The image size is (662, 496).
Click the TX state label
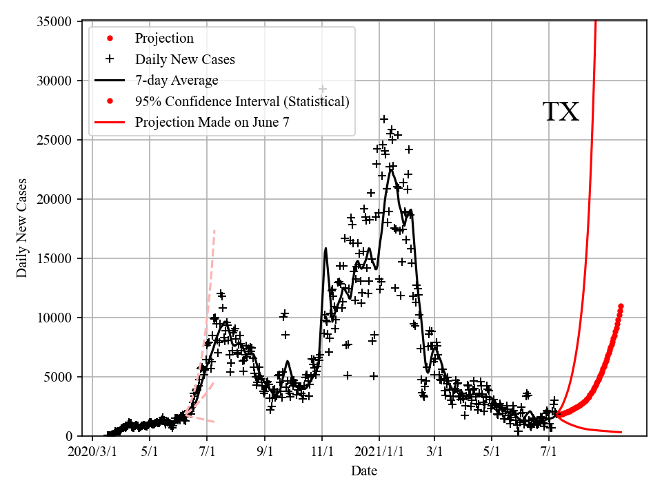point(561,112)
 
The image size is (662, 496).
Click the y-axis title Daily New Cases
point(22,228)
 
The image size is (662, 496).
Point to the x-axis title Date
point(363,471)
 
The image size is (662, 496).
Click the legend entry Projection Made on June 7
point(212,123)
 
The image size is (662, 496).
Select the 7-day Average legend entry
point(177,81)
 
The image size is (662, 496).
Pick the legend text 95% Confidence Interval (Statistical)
point(242,102)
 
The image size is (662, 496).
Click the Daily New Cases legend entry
point(185,59)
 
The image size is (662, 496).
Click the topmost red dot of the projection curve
point(621,306)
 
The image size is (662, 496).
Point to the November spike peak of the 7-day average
point(325,248)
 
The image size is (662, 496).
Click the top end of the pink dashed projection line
point(214,231)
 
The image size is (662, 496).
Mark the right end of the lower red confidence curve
point(621,432)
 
